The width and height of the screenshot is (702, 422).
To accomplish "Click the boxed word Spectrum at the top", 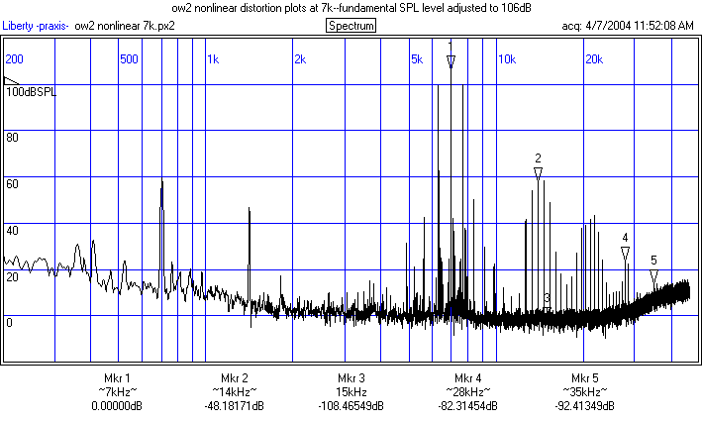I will pyautogui.click(x=351, y=26).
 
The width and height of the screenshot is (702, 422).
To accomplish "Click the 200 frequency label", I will pyautogui.click(x=15, y=59).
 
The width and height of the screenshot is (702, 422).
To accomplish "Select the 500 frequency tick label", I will pyautogui.click(x=128, y=59).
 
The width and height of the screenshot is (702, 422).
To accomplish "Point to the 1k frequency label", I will pyautogui.click(x=214, y=59).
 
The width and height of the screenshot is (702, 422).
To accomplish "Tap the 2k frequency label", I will pyautogui.click(x=300, y=59).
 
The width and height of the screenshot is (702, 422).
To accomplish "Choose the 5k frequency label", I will pyautogui.click(x=417, y=59).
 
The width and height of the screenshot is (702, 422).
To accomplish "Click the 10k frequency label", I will pyautogui.click(x=506, y=59).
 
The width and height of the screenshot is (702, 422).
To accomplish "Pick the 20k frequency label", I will pyautogui.click(x=593, y=59).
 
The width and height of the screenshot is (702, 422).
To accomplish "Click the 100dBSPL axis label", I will pyautogui.click(x=32, y=91).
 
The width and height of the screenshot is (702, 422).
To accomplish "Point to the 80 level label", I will pyautogui.click(x=14, y=138).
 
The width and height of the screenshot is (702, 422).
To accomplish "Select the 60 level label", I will pyautogui.click(x=14, y=184).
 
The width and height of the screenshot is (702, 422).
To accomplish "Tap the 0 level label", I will pyautogui.click(x=10, y=323).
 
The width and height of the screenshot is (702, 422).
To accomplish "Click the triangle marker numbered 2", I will pyautogui.click(x=538, y=173).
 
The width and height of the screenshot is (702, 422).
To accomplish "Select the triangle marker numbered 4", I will pyautogui.click(x=626, y=254).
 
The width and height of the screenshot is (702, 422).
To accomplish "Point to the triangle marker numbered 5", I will pyautogui.click(x=653, y=276).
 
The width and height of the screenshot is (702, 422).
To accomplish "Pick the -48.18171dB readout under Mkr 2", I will pyautogui.click(x=234, y=406).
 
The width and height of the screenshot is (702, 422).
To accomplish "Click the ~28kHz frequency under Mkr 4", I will pyautogui.click(x=467, y=392).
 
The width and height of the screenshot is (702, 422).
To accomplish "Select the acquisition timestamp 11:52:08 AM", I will pyautogui.click(x=648, y=26).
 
